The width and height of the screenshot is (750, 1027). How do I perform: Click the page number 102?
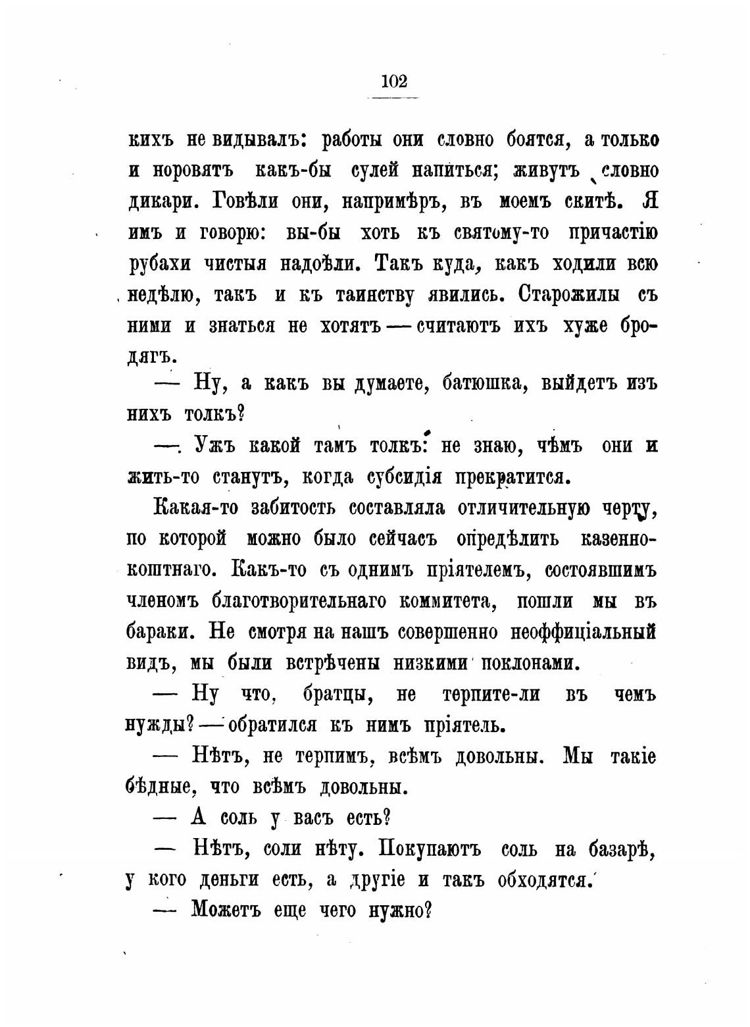coord(393,82)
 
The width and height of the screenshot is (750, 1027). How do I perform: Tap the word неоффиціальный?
coord(584,632)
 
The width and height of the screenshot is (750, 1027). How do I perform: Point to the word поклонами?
coord(531,663)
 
